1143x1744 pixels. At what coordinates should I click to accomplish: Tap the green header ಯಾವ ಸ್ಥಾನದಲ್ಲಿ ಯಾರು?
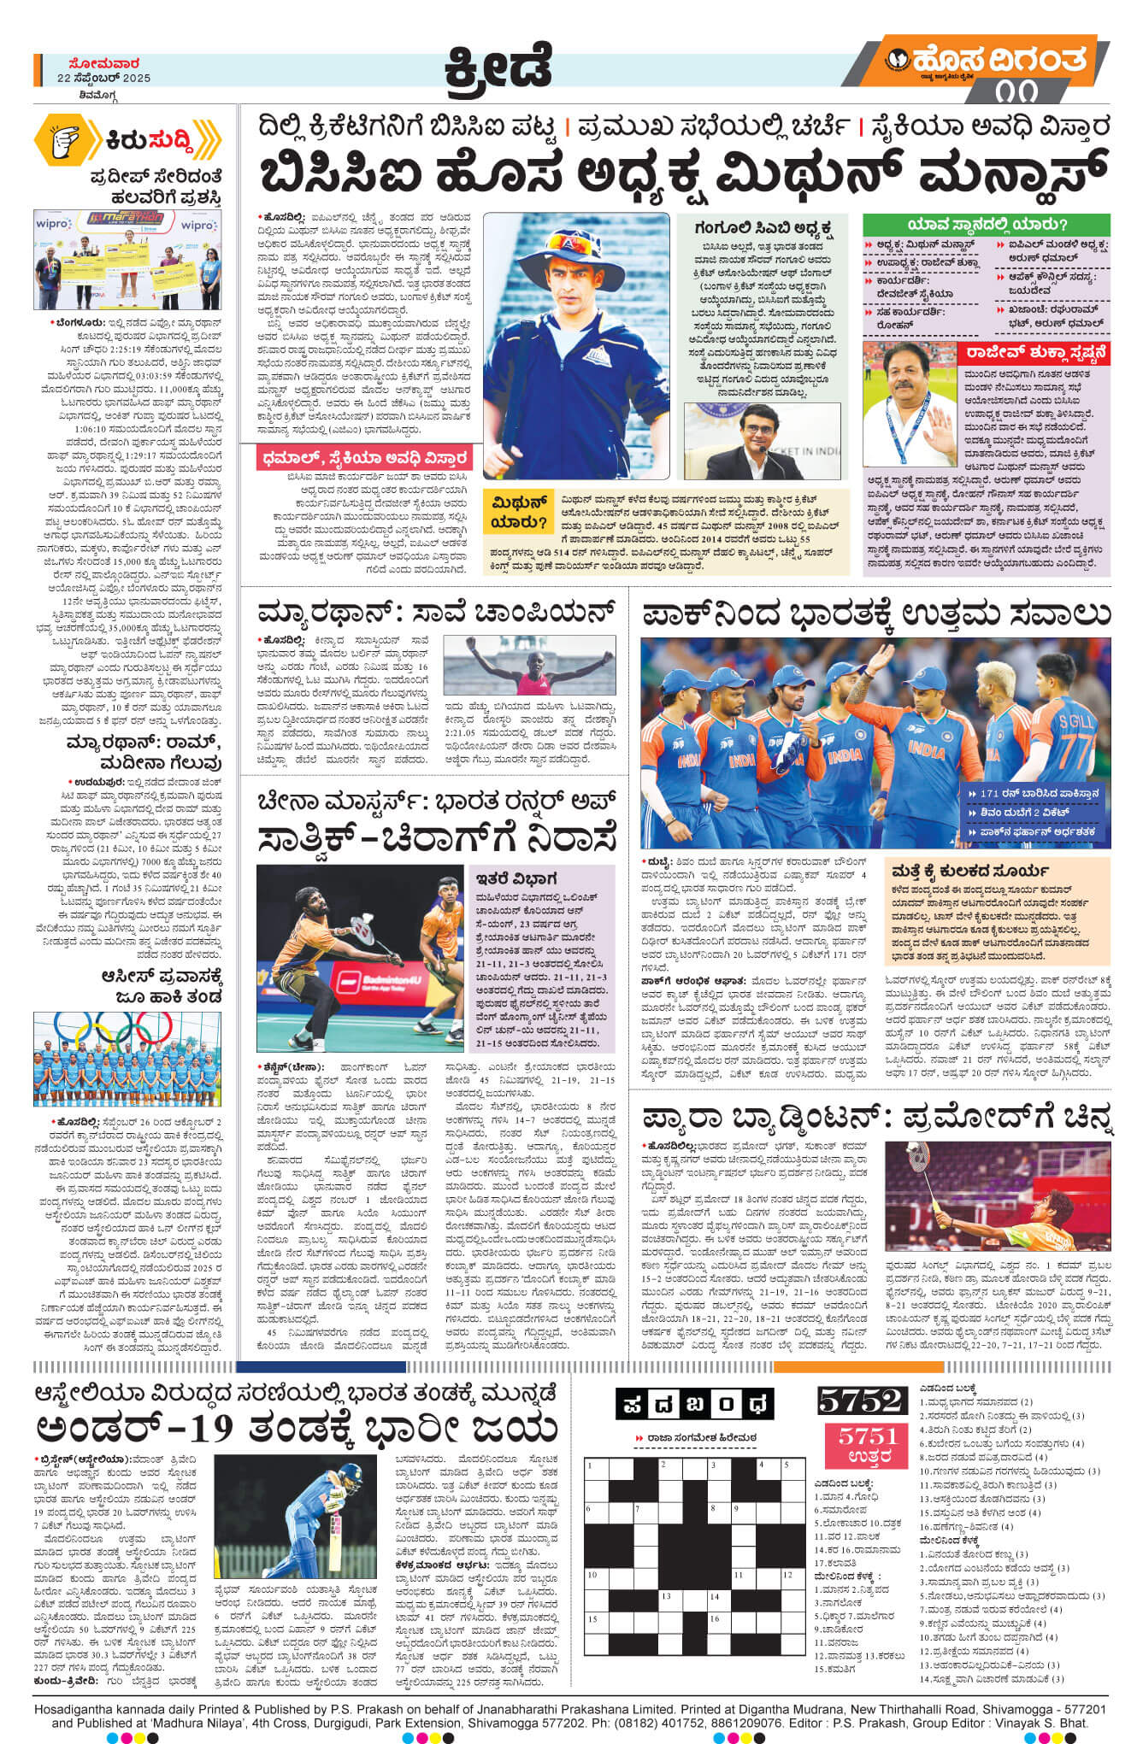[x=986, y=225]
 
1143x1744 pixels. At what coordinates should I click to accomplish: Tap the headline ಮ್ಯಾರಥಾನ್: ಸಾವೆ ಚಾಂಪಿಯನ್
[x=436, y=613]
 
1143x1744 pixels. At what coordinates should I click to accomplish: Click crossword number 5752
[x=860, y=1400]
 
